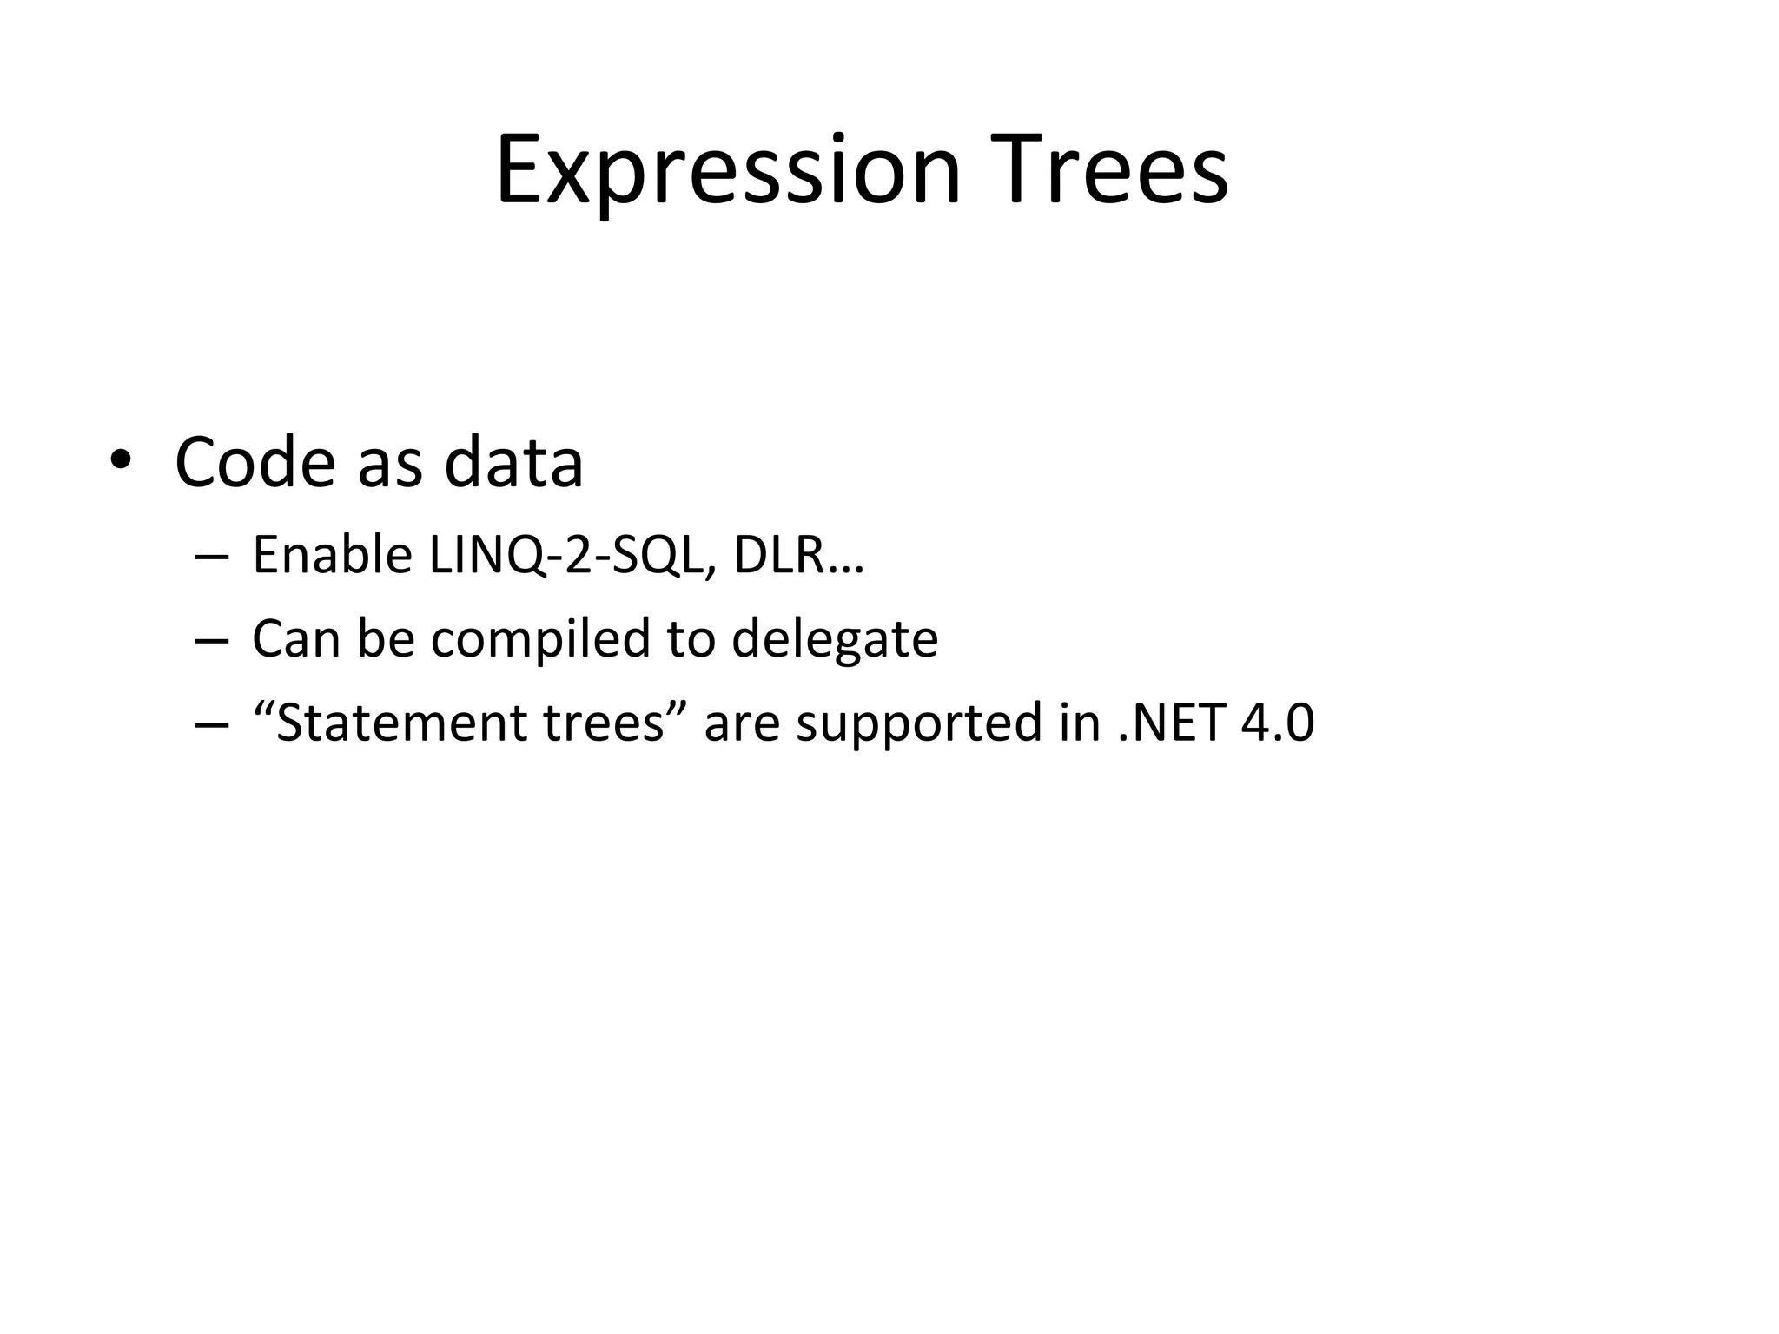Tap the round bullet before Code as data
[x=120, y=460]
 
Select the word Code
[x=255, y=462]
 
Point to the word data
[x=513, y=462]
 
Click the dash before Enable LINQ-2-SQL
[x=212, y=556]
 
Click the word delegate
[x=835, y=638]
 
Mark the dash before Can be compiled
[x=212, y=640]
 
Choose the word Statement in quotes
[x=400, y=723]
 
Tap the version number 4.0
[x=1278, y=723]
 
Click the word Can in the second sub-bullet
[x=295, y=638]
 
